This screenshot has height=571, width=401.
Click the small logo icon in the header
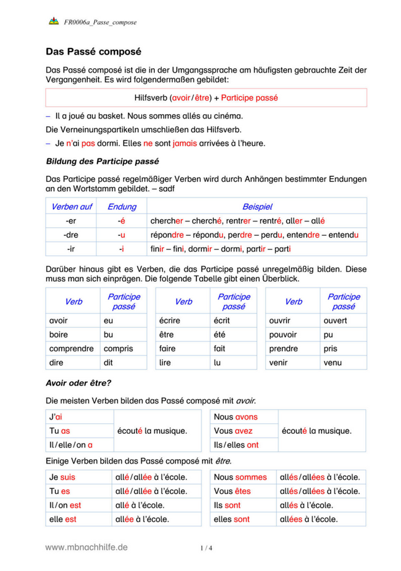53,22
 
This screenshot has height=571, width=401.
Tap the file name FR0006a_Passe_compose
100,22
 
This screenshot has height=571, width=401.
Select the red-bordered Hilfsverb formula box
206,97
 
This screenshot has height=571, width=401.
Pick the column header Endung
122,207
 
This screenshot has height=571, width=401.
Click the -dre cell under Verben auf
70,235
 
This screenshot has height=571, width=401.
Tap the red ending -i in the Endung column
122,249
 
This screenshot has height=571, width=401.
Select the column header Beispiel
257,207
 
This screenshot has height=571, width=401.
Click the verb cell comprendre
71,348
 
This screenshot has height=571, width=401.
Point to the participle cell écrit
221,321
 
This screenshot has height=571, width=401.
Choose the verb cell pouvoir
283,335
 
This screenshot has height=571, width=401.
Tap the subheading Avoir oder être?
79,382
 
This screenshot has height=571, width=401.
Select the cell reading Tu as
60,431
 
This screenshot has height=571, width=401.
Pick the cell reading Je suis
62,477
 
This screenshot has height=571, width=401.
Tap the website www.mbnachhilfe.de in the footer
86,547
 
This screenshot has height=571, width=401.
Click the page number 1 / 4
206,548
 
